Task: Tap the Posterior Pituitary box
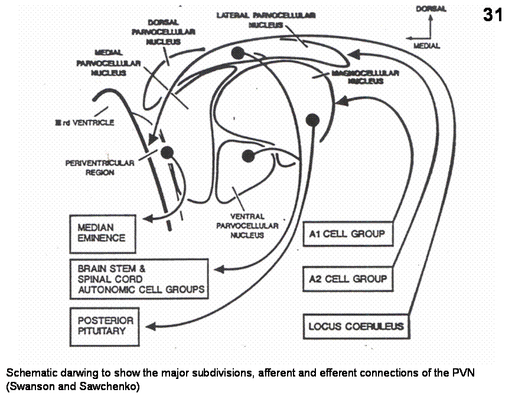(105, 325)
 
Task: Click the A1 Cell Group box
(347, 235)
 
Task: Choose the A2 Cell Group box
(347, 278)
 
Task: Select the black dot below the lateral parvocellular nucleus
(238, 52)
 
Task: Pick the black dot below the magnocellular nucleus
(312, 120)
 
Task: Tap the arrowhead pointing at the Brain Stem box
(218, 269)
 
